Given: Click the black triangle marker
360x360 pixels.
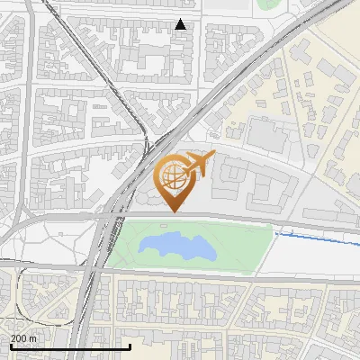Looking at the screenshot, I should click(x=181, y=24).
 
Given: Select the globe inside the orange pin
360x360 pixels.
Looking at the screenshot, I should click(x=171, y=175).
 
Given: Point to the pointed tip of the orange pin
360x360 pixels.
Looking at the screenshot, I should click(x=173, y=211).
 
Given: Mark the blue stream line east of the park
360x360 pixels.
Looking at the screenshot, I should click(x=315, y=238).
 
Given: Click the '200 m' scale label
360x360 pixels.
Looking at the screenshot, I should click(x=23, y=337).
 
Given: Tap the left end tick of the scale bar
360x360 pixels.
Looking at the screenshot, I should click(x=11, y=346).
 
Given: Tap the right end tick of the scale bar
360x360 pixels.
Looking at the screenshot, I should click(x=130, y=346).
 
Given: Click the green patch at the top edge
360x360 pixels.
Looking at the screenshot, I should click(x=267, y=4).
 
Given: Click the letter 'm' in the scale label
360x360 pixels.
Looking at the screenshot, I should click(x=33, y=337).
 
